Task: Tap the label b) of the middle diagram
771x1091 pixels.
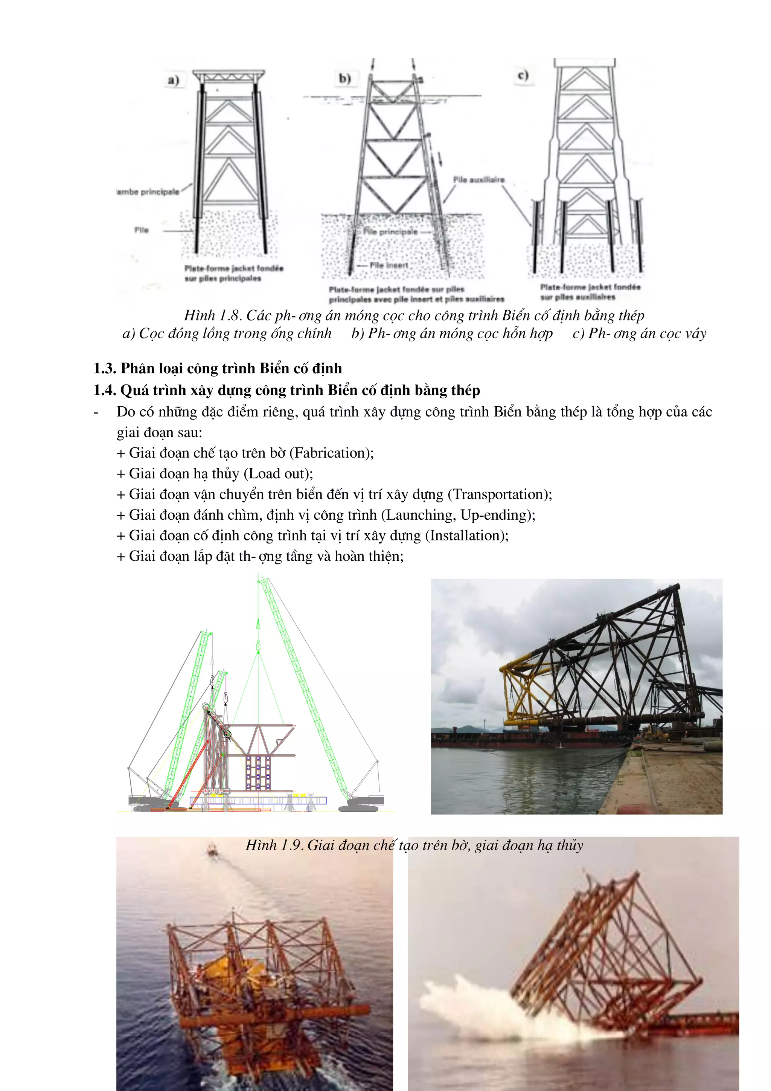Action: (x=345, y=78)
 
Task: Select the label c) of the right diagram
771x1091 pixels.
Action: (x=523, y=75)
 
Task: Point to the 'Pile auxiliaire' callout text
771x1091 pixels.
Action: (x=478, y=180)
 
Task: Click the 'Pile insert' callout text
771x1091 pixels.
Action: (x=389, y=265)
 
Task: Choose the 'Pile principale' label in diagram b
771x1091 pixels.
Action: (x=390, y=232)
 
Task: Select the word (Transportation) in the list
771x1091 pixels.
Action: (x=499, y=494)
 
